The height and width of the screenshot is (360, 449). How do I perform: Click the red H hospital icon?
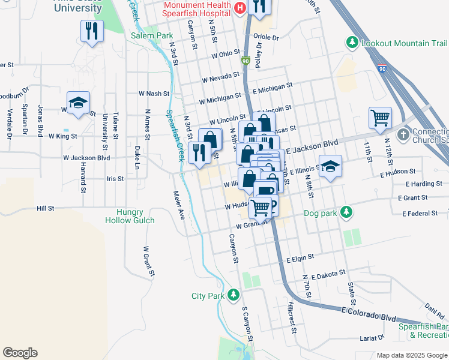coord(240,8)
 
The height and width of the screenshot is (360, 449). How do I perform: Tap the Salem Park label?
coord(152,35)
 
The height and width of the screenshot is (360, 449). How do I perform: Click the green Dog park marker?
coord(346,212)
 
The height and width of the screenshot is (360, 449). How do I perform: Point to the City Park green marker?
coord(234,295)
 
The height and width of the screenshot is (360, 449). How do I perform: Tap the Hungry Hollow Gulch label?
coord(130,216)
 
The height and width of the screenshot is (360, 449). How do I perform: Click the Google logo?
coord(20,353)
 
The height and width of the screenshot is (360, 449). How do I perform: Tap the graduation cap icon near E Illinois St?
coord(330,166)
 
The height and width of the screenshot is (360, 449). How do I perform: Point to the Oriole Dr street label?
coord(267,38)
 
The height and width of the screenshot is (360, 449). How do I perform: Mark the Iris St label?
coord(114,179)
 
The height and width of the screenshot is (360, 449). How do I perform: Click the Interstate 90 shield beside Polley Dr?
coord(245,61)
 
